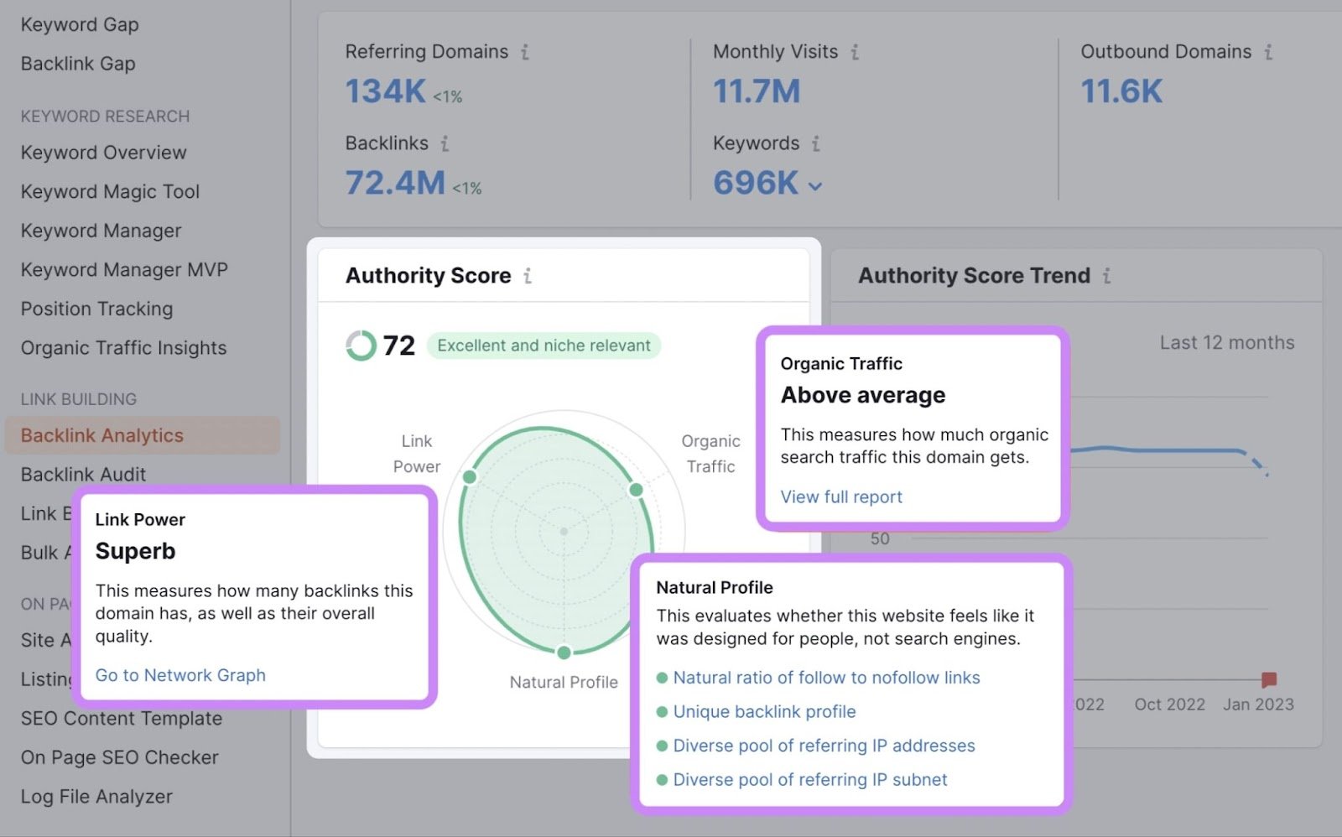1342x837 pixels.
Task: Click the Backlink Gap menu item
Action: [x=78, y=64]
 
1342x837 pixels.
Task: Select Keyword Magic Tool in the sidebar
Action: [x=110, y=192]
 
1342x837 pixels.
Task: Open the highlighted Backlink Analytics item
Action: [x=102, y=435]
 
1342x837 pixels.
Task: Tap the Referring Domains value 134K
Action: [x=386, y=91]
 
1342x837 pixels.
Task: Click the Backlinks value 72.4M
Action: [x=395, y=183]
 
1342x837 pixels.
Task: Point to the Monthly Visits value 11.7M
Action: [x=757, y=91]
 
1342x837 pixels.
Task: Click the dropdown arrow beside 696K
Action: [x=815, y=186]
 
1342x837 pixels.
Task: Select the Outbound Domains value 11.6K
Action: [x=1121, y=91]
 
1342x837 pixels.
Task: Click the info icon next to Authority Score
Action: [x=528, y=276]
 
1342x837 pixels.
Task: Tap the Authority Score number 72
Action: [x=398, y=346]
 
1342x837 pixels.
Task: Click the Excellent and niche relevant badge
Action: [x=544, y=346]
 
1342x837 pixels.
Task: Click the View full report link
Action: [x=841, y=496]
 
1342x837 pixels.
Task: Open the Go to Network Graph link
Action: [x=180, y=675]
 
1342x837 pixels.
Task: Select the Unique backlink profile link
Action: [x=764, y=712]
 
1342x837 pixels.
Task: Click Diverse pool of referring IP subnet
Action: [x=810, y=780]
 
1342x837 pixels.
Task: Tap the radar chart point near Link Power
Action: [x=470, y=477]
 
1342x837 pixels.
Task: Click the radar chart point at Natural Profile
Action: [x=564, y=652]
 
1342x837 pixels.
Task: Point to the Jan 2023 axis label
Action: [x=1258, y=704]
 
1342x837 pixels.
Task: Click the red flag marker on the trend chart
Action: [x=1268, y=678]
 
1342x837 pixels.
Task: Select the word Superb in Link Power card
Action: [x=136, y=551]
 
